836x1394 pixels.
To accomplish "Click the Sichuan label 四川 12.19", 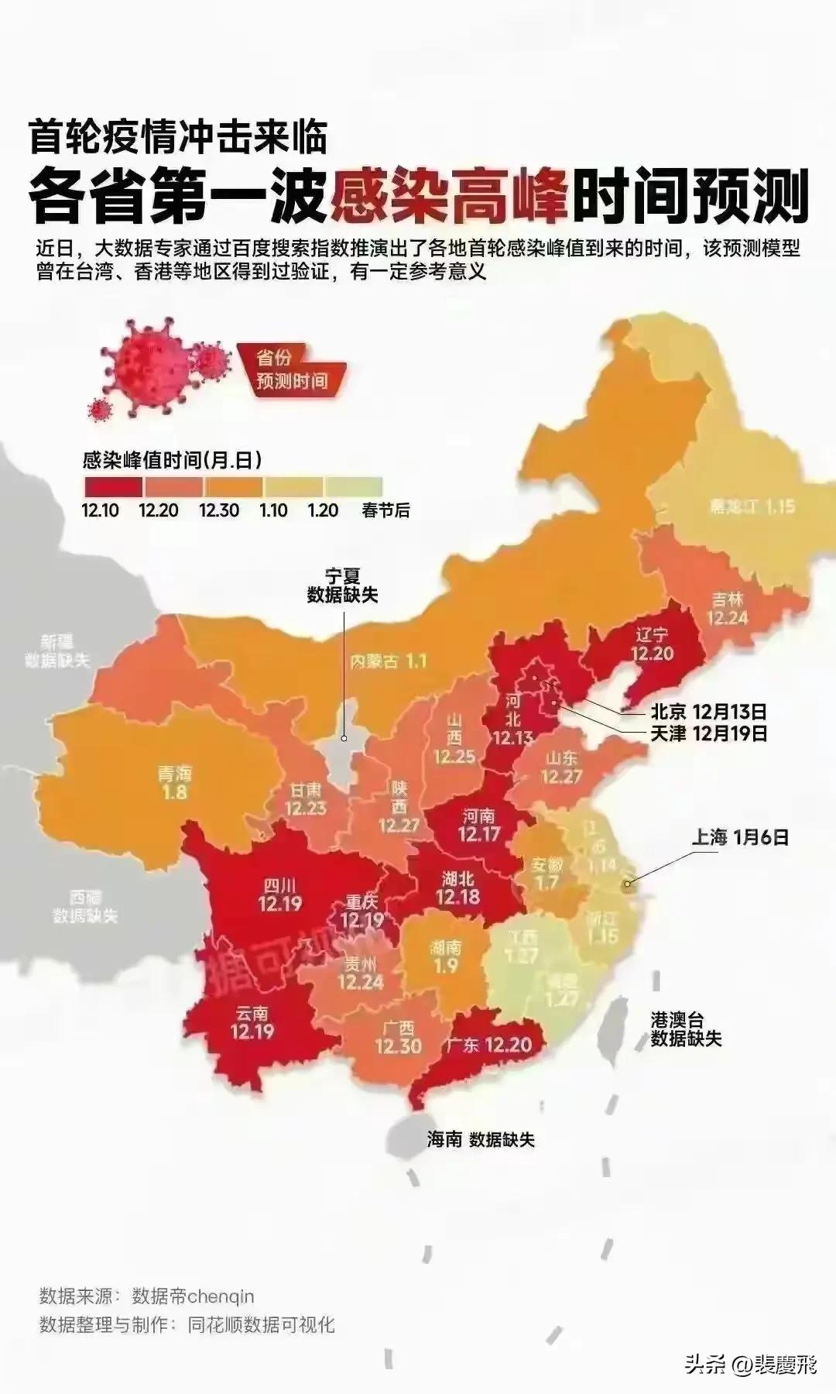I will coord(279,894).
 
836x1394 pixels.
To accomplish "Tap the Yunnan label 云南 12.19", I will coord(252,1022).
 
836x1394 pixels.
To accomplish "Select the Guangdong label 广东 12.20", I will coord(488,1045).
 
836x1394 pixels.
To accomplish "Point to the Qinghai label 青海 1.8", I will coord(174,782).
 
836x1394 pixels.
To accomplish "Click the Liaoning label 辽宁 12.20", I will coord(652,644).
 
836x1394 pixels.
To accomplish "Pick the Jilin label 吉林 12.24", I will coord(727,608).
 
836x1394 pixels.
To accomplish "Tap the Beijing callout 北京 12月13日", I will coord(708,711).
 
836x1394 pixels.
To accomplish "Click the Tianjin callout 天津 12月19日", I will coord(708,733).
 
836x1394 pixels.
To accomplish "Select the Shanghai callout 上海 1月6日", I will coord(740,836).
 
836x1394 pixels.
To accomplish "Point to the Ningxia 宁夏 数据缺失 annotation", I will coord(342,585).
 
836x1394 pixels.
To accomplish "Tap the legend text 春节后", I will coord(385,510).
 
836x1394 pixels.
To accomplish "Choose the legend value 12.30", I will coord(218,510).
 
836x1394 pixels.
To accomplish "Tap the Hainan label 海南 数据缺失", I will coord(481,1139).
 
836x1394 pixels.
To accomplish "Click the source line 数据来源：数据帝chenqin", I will coord(147,1296).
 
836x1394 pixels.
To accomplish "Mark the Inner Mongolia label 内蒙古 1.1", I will coord(388,661).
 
